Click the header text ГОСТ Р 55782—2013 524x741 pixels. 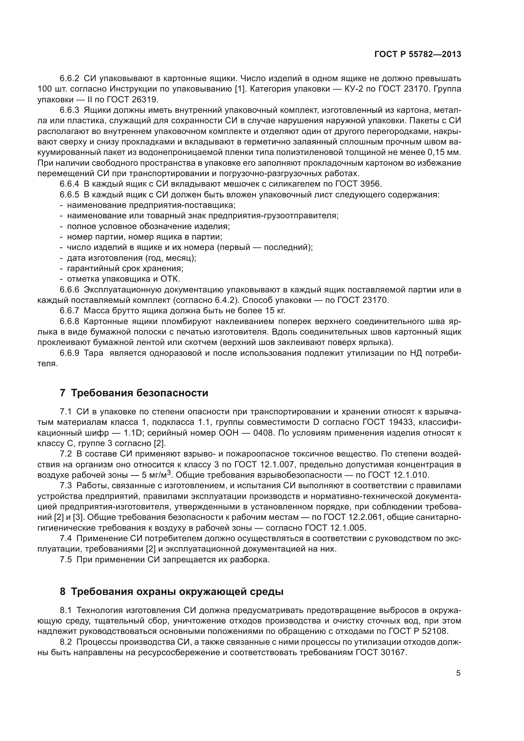coord(418,54)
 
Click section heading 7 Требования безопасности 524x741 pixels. coord(134,393)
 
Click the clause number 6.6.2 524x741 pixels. coord(69,79)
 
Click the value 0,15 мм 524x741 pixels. coord(444,152)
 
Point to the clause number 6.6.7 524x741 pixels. coord(69,310)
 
